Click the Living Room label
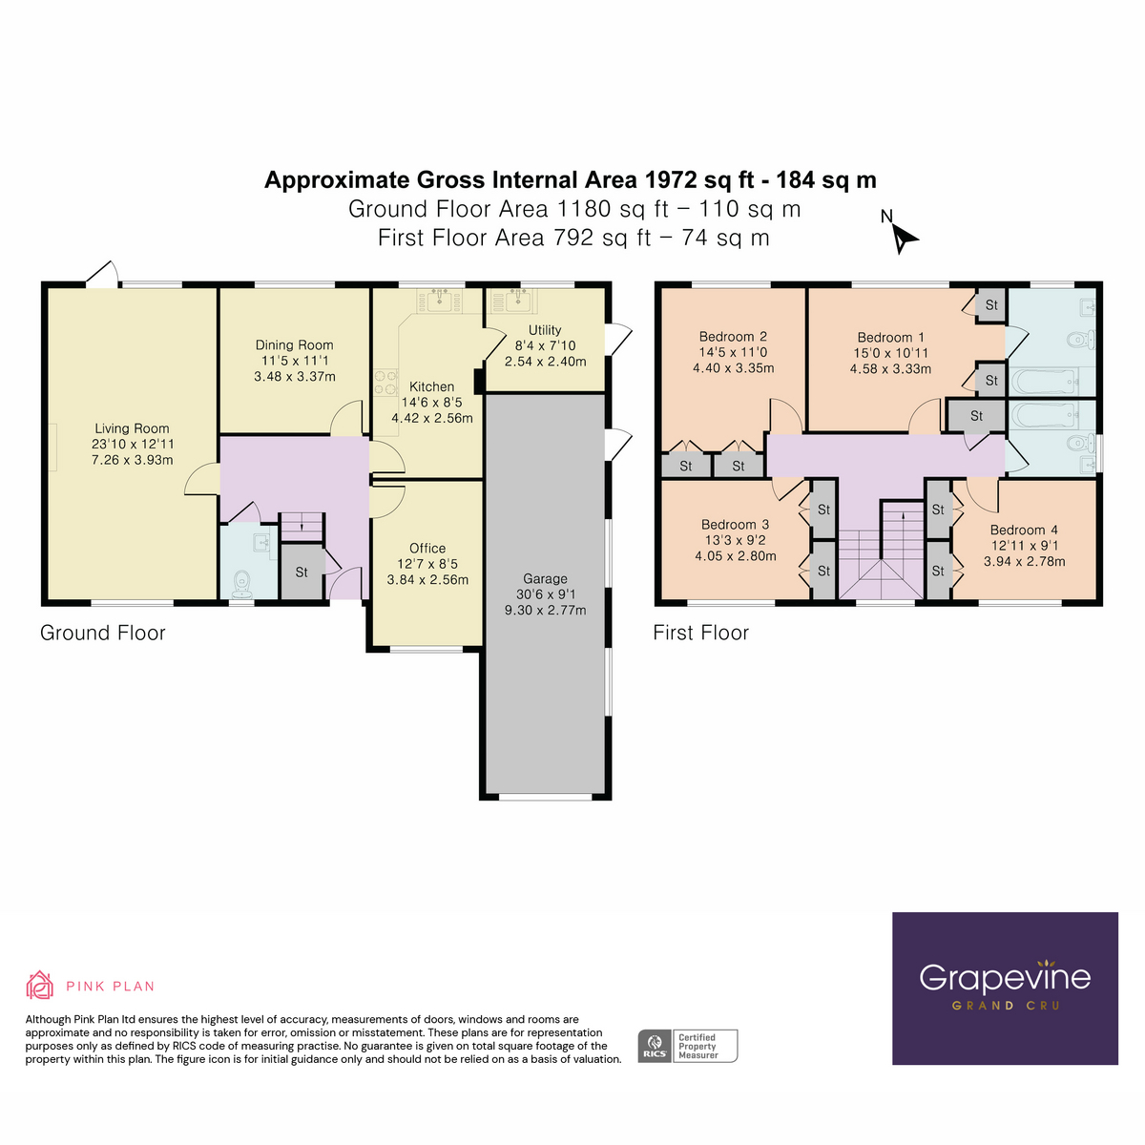click(x=132, y=428)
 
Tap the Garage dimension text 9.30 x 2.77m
click(x=545, y=610)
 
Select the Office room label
click(x=427, y=548)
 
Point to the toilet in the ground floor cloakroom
click(x=241, y=581)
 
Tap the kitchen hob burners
click(x=385, y=383)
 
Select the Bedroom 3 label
click(x=735, y=524)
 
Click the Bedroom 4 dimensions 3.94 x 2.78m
click(x=1024, y=561)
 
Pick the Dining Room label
click(x=294, y=344)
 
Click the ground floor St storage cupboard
click(x=302, y=572)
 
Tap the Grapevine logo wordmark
click(x=1005, y=977)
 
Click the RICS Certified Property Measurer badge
click(x=688, y=1046)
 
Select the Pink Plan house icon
click(x=39, y=985)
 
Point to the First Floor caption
click(x=700, y=633)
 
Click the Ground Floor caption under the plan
click(x=103, y=633)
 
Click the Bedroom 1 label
click(x=890, y=337)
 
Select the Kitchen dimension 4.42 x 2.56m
click(x=431, y=418)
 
